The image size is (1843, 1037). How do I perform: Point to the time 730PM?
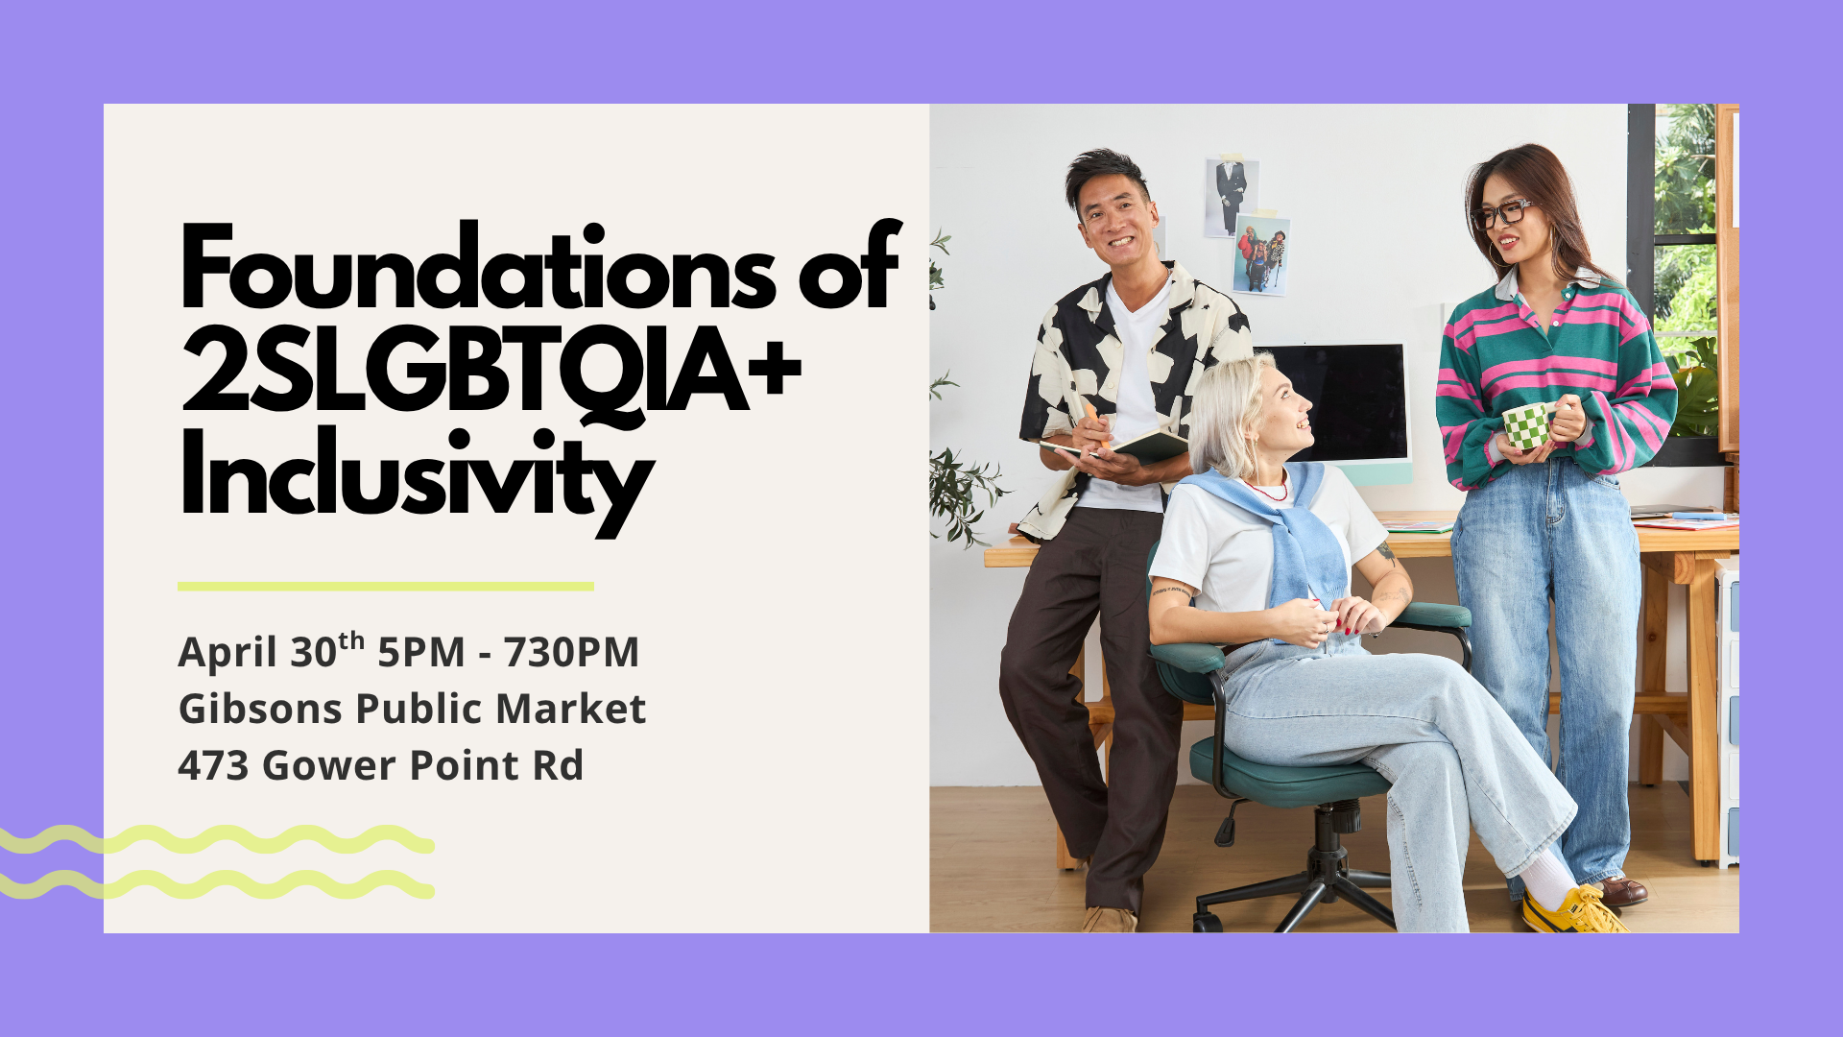pos(571,652)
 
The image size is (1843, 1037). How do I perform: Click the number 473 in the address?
pos(213,765)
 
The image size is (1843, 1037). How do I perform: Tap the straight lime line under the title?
pos(386,586)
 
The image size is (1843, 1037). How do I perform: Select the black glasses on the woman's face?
pos(1503,213)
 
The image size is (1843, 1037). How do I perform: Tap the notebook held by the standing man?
pos(1118,446)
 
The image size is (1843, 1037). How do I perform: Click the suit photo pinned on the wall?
pos(1232,196)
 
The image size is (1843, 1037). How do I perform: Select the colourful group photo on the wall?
pos(1260,254)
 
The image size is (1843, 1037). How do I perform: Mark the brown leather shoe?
pos(1622,891)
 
